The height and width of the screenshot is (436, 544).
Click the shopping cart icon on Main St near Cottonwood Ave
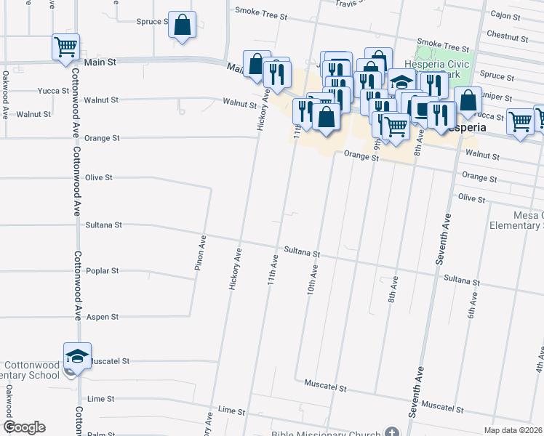pyautogui.click(x=65, y=47)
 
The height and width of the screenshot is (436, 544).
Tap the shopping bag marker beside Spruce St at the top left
pyautogui.click(x=182, y=25)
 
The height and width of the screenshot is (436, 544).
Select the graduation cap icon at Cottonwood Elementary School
pyautogui.click(x=77, y=355)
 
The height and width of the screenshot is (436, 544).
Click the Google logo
pyautogui.click(x=24, y=427)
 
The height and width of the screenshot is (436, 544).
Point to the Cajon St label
pyautogui.click(x=507, y=14)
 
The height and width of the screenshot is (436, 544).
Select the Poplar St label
pyautogui.click(x=103, y=271)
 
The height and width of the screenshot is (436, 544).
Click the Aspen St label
pyautogui.click(x=103, y=318)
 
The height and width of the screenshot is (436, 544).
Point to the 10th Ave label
pyautogui.click(x=312, y=278)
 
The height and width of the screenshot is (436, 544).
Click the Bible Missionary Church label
pyautogui.click(x=326, y=434)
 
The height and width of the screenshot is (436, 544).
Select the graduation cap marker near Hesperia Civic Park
pyautogui.click(x=401, y=81)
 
